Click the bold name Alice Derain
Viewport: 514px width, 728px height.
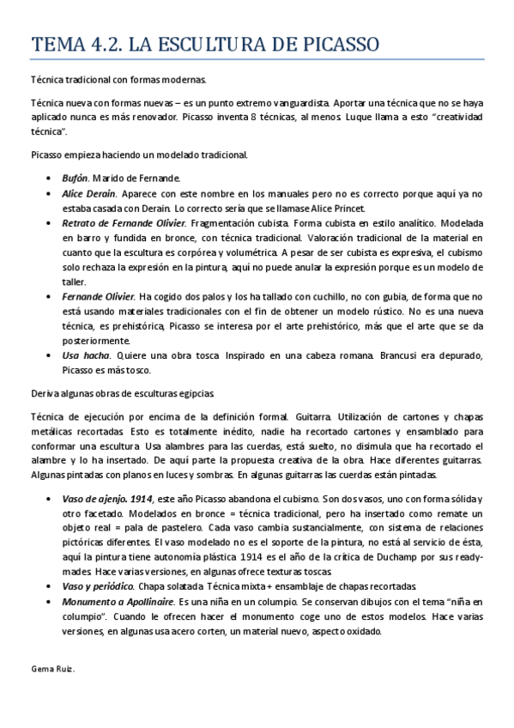click(90, 194)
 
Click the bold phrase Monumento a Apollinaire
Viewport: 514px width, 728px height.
click(119, 601)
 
